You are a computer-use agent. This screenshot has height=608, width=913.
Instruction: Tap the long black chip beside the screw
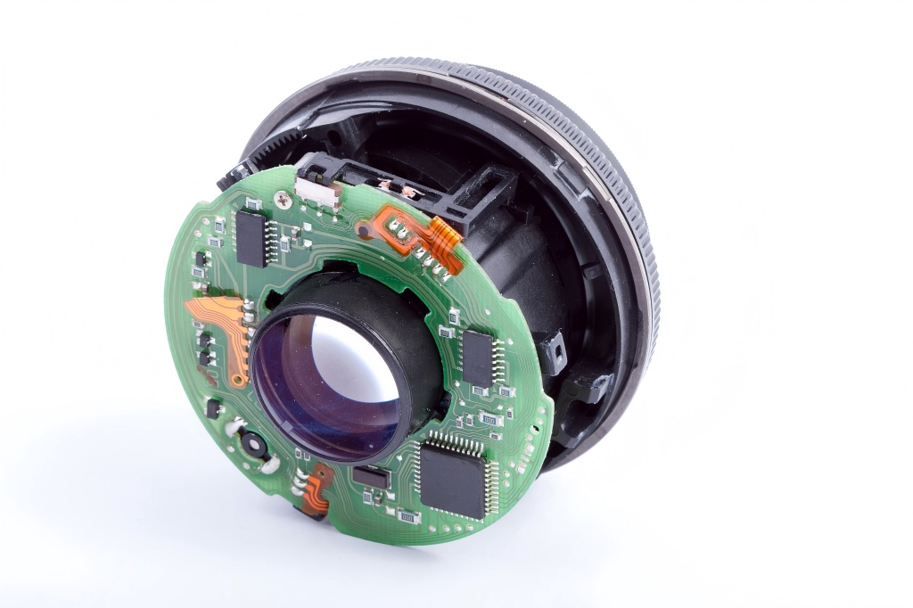coord(251,237)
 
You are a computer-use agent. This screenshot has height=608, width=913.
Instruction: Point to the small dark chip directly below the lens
coord(371,477)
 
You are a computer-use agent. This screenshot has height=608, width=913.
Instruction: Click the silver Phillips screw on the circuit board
coord(284,197)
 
